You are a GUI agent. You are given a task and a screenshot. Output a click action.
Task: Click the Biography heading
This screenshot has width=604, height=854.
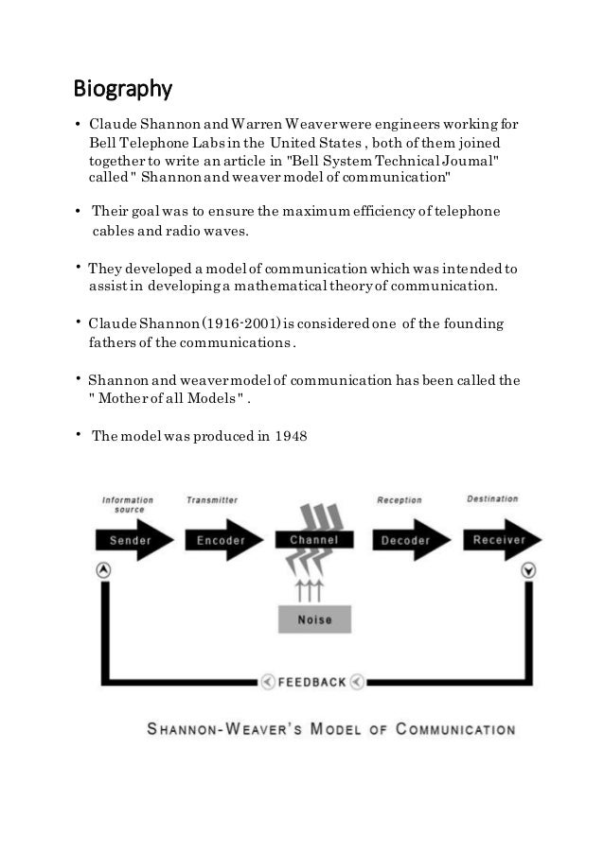(122, 91)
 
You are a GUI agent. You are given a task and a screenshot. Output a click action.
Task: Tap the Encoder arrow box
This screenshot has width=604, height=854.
(221, 540)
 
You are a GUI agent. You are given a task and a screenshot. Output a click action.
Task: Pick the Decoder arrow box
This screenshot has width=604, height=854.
(404, 540)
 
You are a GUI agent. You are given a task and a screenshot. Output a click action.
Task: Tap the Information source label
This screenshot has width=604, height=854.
(128, 504)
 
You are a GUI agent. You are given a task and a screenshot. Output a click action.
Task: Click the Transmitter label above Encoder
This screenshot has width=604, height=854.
(212, 499)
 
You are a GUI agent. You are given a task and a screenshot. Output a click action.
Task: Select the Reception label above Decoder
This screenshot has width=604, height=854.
(400, 499)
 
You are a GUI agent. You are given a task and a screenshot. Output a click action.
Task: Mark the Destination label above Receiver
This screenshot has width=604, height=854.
(492, 498)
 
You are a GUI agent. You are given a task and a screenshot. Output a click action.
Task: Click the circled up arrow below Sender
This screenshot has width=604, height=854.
(104, 570)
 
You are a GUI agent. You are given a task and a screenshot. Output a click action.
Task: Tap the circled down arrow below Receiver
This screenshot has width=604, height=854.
(527, 570)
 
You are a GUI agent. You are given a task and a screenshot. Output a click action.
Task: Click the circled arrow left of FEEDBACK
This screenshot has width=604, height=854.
(269, 681)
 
